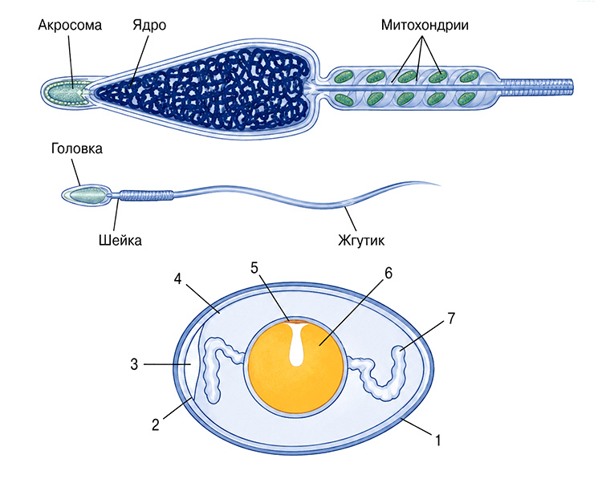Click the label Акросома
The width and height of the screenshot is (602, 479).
[x=70, y=26]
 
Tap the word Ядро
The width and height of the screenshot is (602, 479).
[x=149, y=26]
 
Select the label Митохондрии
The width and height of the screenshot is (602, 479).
[x=425, y=26]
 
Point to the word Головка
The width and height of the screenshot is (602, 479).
[x=77, y=148]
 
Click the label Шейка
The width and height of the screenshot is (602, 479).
[x=120, y=240]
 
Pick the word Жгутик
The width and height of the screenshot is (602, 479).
[x=361, y=240]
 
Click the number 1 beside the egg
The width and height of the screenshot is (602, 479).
[x=437, y=440]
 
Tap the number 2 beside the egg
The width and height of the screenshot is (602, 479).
[x=156, y=424]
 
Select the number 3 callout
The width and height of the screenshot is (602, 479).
[x=134, y=363]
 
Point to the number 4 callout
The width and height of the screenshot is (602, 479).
[x=177, y=278]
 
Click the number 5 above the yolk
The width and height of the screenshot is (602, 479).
[x=254, y=268]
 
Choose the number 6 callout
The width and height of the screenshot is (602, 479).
[x=388, y=273]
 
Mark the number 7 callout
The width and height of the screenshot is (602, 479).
[x=451, y=319]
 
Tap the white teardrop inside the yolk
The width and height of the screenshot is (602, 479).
[x=296, y=344]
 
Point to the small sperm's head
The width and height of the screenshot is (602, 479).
[x=86, y=195]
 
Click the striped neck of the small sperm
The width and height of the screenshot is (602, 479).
[x=146, y=195]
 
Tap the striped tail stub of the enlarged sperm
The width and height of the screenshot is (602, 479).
[x=538, y=87]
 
